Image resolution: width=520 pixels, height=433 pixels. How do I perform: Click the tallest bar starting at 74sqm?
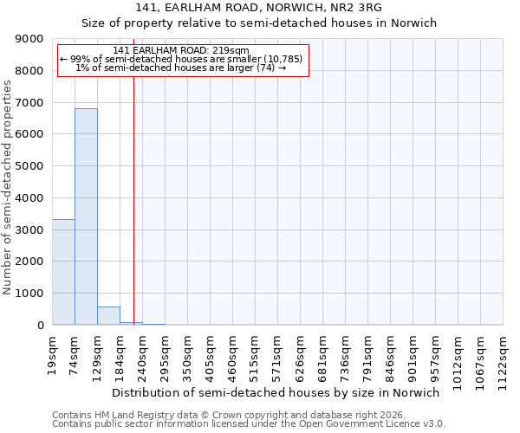click(86, 216)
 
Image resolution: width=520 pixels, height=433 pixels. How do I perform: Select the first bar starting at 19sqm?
click(63, 272)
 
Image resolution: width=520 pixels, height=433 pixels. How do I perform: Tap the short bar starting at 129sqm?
click(108, 316)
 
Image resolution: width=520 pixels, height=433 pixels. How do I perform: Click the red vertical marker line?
click(133, 199)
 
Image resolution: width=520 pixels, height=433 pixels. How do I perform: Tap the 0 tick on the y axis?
click(40, 326)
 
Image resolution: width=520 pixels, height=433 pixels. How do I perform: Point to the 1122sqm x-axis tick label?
click(504, 356)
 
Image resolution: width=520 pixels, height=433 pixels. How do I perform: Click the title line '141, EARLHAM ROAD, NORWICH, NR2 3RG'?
click(259, 8)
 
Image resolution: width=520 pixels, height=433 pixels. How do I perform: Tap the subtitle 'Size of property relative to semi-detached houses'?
click(259, 23)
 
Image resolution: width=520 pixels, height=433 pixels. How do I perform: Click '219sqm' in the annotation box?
click(233, 50)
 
